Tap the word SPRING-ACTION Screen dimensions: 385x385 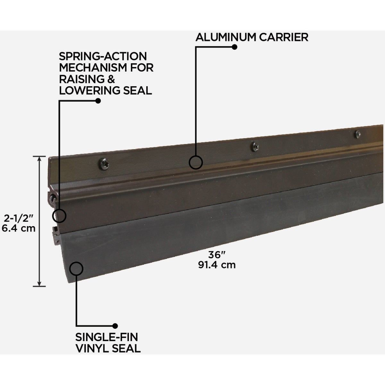point(103,56)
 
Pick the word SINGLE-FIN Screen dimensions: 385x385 point(107,337)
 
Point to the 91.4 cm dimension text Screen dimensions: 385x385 point(217,265)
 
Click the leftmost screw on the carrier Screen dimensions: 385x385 point(104,164)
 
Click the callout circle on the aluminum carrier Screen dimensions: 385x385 point(196,162)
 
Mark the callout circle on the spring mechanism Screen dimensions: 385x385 point(59,216)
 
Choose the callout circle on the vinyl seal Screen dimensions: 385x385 point(76,269)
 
